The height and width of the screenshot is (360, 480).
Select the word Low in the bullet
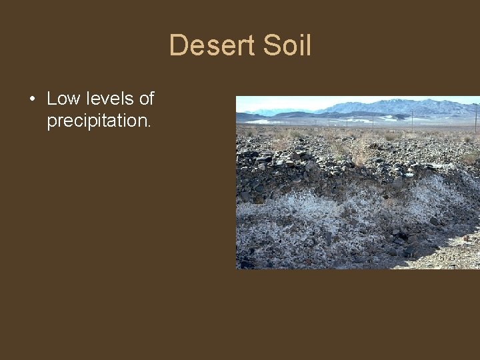63,99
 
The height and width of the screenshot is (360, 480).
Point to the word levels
110,99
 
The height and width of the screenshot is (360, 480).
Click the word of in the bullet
147,99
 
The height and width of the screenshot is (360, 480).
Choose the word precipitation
97,121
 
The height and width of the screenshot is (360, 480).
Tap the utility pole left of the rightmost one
413,119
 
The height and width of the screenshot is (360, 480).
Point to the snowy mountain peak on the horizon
400,105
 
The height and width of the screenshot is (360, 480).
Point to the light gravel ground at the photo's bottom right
447,257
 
